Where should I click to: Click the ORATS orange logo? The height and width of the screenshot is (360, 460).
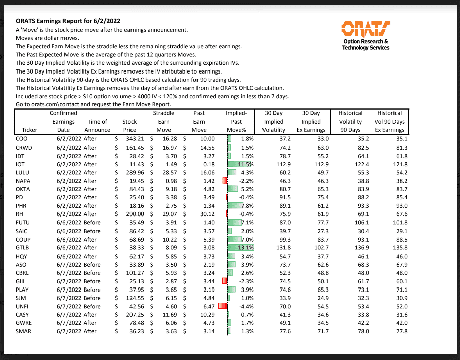[x=365, y=28]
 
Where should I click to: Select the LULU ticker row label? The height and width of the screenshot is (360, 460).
[x=23, y=172]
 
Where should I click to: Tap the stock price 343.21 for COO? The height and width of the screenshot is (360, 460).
[x=134, y=138]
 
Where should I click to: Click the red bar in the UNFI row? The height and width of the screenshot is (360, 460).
[x=223, y=306]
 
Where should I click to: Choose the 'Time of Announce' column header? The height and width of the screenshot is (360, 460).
[x=97, y=126]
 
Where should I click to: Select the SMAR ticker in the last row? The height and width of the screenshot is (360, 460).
[x=24, y=331]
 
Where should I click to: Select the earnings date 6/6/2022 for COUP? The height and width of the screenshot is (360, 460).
[x=66, y=239]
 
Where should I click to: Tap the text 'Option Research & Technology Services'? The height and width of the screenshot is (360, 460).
[x=365, y=44]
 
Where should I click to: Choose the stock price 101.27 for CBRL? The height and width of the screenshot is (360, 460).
[x=134, y=272]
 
